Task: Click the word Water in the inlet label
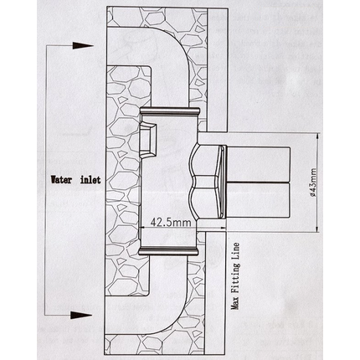(60, 180)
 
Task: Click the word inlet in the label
(90, 180)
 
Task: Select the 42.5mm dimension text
(171, 223)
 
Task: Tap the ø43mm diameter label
(313, 183)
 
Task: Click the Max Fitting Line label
(236, 275)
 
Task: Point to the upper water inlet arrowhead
(83, 45)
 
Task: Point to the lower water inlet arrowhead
(82, 316)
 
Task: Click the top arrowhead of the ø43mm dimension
(317, 139)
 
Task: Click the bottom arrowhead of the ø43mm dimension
(317, 227)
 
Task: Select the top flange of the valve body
(170, 111)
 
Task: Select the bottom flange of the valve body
(168, 251)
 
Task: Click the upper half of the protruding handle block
(259, 164)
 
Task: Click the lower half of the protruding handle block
(259, 200)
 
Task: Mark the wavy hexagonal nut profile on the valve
(203, 182)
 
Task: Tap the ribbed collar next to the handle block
(223, 182)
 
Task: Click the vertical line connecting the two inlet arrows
(46, 180)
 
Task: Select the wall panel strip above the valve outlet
(218, 69)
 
